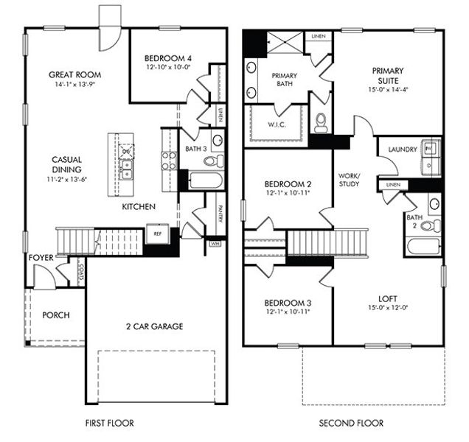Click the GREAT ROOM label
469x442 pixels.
coord(74,74)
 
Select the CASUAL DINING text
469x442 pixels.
coord(66,164)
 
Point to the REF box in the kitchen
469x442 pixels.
coord(157,233)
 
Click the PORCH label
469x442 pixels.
coord(55,315)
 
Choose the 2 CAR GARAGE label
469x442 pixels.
coord(153,326)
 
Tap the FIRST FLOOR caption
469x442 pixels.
coord(109,424)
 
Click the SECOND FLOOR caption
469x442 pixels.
coord(351,424)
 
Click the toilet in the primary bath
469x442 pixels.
coord(321,124)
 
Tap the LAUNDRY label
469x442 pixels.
coord(398,150)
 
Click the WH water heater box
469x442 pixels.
coord(215,242)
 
